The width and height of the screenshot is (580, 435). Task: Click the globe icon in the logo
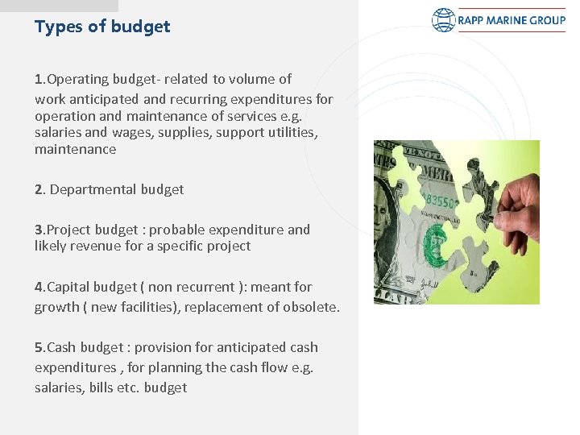coord(443,20)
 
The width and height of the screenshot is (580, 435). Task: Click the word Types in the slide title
coord(59,27)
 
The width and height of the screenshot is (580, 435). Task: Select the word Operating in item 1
coord(77,79)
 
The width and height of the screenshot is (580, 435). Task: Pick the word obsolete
coord(311,307)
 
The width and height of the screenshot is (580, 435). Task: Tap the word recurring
coord(198,99)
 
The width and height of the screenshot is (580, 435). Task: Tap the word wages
coord(130,131)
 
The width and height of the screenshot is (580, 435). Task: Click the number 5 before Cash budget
coord(39,347)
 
